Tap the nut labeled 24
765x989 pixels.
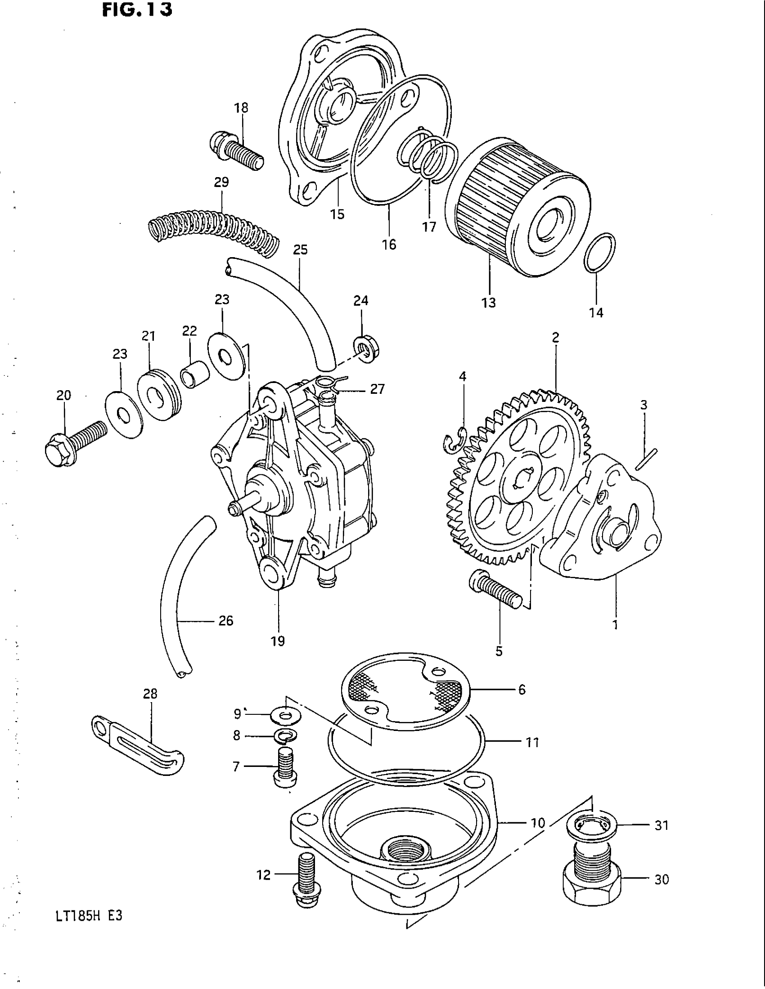pos(366,349)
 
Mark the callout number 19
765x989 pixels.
pos(278,641)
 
